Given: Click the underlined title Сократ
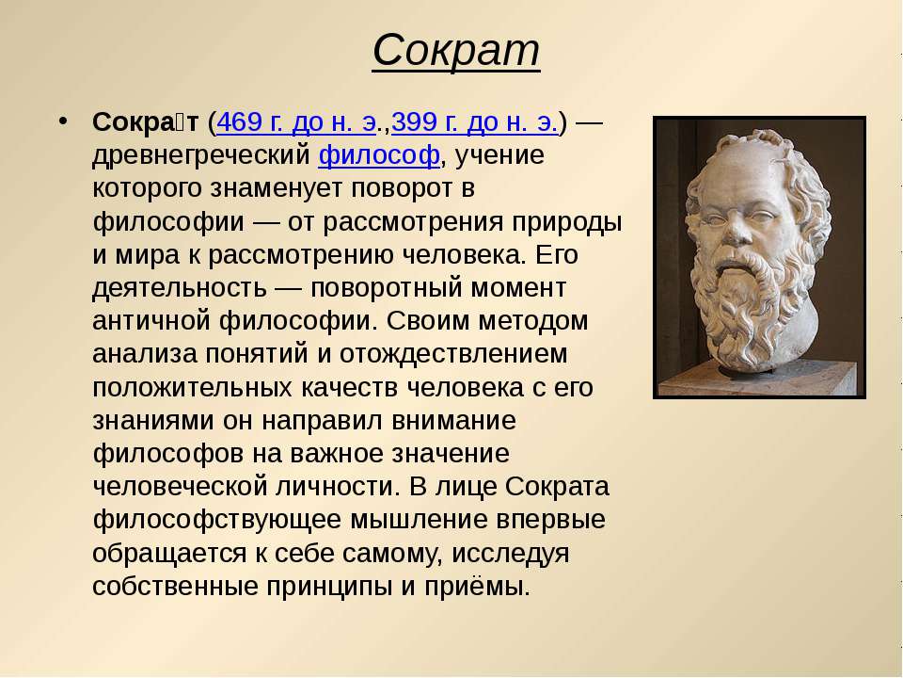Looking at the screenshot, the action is (x=456, y=51).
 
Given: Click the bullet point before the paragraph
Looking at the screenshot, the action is (x=63, y=121).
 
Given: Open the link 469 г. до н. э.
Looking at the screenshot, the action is (x=296, y=122).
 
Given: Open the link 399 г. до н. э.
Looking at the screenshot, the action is (x=474, y=122).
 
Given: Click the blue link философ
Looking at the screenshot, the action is (x=379, y=155).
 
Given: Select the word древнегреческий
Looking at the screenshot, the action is (x=201, y=155).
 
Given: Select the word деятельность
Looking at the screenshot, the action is (x=179, y=288).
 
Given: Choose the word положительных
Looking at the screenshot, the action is (x=192, y=388).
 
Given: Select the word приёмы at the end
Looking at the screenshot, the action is (x=477, y=587).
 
